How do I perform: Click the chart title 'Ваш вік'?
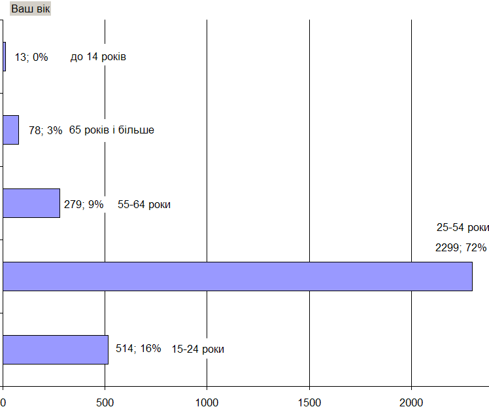point(30,9)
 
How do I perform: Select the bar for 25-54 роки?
point(237,276)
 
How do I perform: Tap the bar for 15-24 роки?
point(56,349)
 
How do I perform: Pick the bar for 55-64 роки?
point(31,203)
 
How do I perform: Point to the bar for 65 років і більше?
point(11,130)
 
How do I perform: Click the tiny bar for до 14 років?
point(5,57)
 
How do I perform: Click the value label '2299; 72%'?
point(461,247)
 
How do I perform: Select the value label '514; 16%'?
point(138,349)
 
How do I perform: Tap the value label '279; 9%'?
point(84,204)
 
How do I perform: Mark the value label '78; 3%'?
point(46,130)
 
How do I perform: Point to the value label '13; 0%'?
point(31,57)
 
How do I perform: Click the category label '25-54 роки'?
point(463,228)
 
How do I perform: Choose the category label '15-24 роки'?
point(198,349)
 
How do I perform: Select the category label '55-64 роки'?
point(144,204)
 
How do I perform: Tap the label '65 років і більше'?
point(111,130)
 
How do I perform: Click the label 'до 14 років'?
point(98,57)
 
